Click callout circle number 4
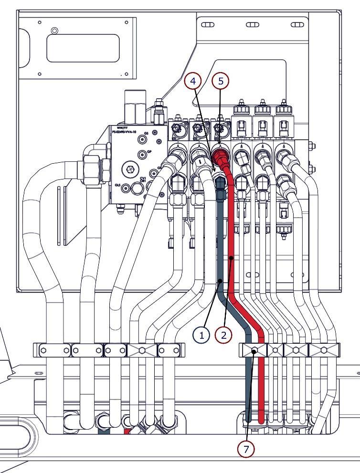[192, 82]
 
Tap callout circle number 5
[221, 82]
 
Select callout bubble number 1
[201, 335]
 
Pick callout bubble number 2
[223, 335]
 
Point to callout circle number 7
[247, 449]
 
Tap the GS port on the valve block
[142, 139]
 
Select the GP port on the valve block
[142, 155]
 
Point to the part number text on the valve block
[125, 130]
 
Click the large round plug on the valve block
[130, 169]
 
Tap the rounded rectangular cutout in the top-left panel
[83, 48]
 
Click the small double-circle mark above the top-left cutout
[54, 31]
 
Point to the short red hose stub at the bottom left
[127, 431]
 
